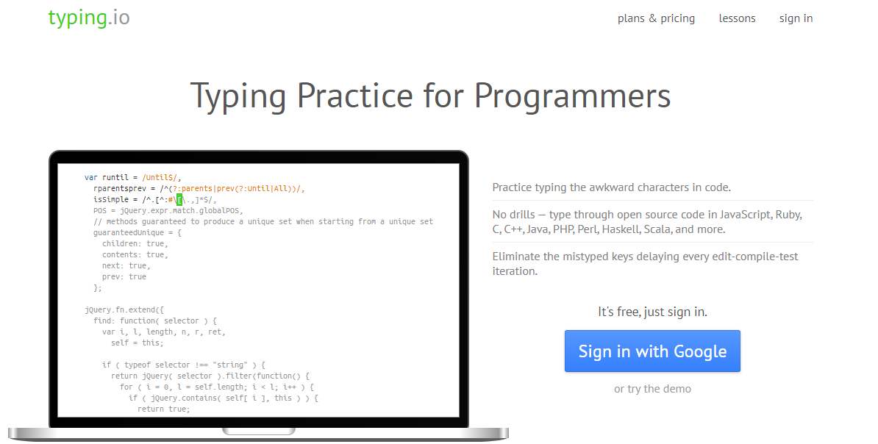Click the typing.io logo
[x=89, y=18]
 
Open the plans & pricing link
[x=656, y=18]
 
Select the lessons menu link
[x=737, y=18]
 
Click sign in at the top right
[x=796, y=18]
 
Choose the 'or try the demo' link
[x=652, y=389]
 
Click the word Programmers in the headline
[x=572, y=96]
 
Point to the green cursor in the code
[x=179, y=199]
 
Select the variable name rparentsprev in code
[x=120, y=189]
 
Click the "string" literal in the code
[x=230, y=365]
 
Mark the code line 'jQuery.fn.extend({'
[x=124, y=309]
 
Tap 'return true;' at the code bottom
[x=164, y=409]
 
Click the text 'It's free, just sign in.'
[x=652, y=312]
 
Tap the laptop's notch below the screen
[x=259, y=431]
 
